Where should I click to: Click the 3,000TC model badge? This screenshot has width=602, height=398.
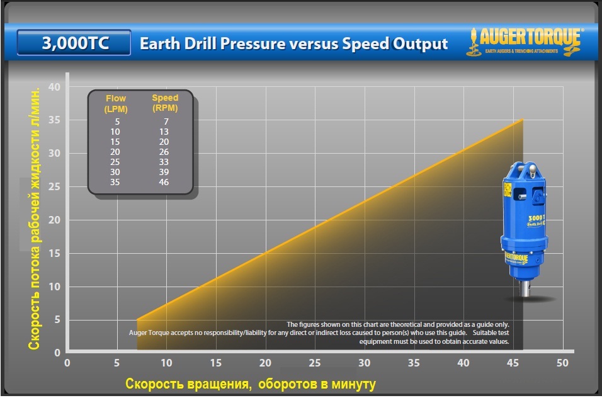tap(74, 43)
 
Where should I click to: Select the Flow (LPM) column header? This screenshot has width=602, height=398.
tap(115, 103)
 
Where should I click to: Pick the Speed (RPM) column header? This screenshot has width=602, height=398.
tap(165, 103)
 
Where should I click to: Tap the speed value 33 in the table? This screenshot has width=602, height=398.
tap(165, 161)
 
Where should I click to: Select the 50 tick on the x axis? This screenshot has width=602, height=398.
tap(562, 363)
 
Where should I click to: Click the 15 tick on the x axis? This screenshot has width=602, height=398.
tap(216, 363)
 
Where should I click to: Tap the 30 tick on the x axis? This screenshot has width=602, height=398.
tap(365, 363)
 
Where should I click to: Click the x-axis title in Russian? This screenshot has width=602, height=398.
tap(251, 384)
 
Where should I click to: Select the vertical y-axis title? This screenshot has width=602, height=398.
tap(35, 218)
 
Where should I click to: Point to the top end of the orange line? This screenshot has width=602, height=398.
tap(523, 119)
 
